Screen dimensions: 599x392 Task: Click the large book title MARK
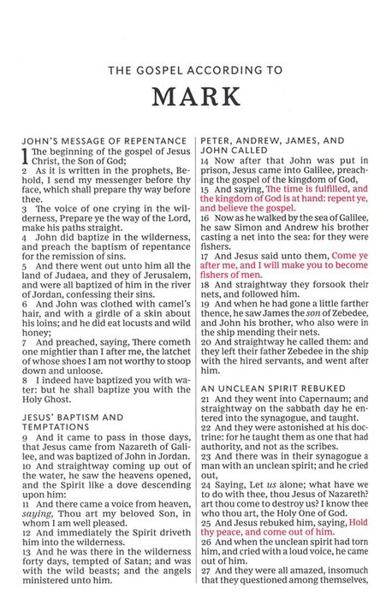pyautogui.click(x=195, y=97)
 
